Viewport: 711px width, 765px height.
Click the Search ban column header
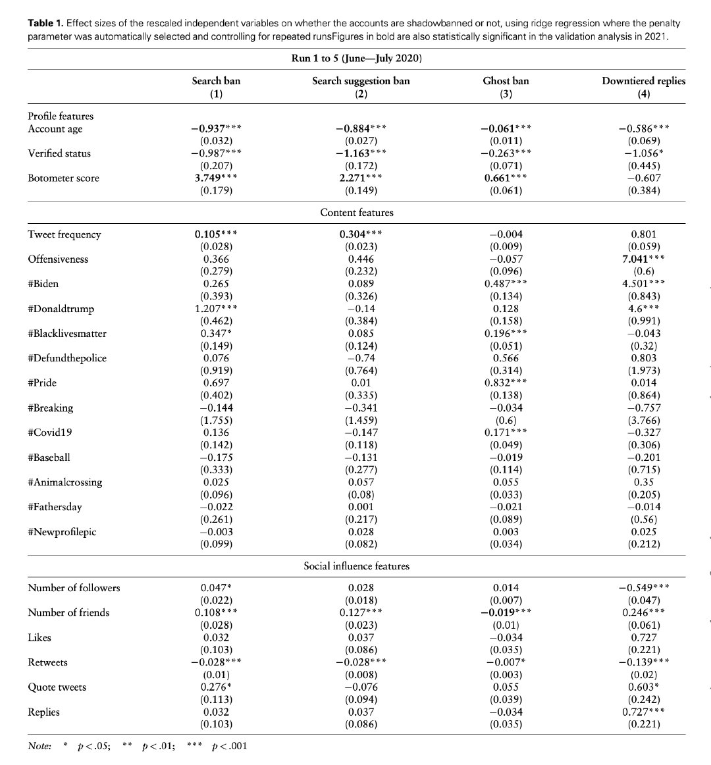[216, 81]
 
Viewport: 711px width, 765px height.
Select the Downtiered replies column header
[643, 81]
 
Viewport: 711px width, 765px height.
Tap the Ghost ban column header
[506, 81]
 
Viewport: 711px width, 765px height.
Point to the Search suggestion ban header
[360, 81]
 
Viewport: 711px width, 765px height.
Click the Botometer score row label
[63, 178]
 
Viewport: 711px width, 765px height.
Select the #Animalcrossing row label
[65, 482]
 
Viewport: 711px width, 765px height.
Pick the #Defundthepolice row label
[66, 358]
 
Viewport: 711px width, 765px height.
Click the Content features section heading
[356, 212]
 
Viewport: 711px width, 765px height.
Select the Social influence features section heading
[356, 566]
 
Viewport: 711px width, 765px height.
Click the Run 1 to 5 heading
[356, 59]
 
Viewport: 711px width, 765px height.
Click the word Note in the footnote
[39, 746]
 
